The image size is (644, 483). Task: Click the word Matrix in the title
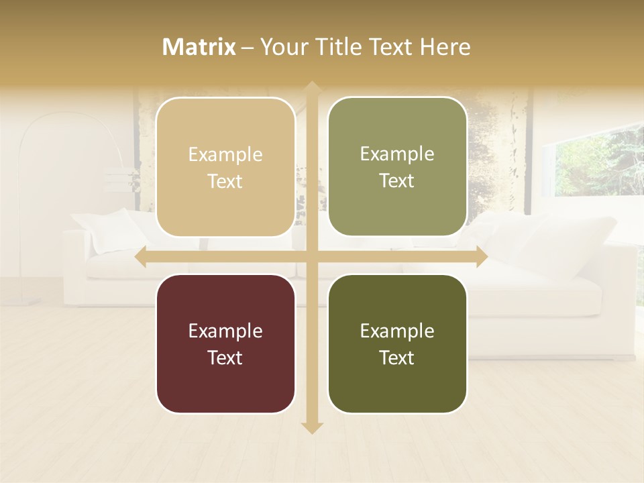point(199,47)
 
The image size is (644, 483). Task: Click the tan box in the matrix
point(225,167)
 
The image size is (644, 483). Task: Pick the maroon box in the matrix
point(225,343)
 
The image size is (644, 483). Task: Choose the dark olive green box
point(397,343)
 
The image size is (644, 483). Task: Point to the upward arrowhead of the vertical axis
point(311,87)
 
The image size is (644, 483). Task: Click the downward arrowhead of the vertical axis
point(311,428)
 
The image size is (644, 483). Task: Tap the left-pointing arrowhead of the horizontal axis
point(141,257)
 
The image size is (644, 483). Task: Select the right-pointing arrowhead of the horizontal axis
point(481,257)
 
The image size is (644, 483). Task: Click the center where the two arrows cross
point(311,257)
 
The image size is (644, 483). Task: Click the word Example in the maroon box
point(225,331)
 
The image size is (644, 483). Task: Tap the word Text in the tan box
point(225,181)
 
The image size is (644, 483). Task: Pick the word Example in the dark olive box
point(397,331)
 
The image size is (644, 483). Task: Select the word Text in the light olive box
point(397,180)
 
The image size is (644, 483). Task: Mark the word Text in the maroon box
point(225,358)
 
